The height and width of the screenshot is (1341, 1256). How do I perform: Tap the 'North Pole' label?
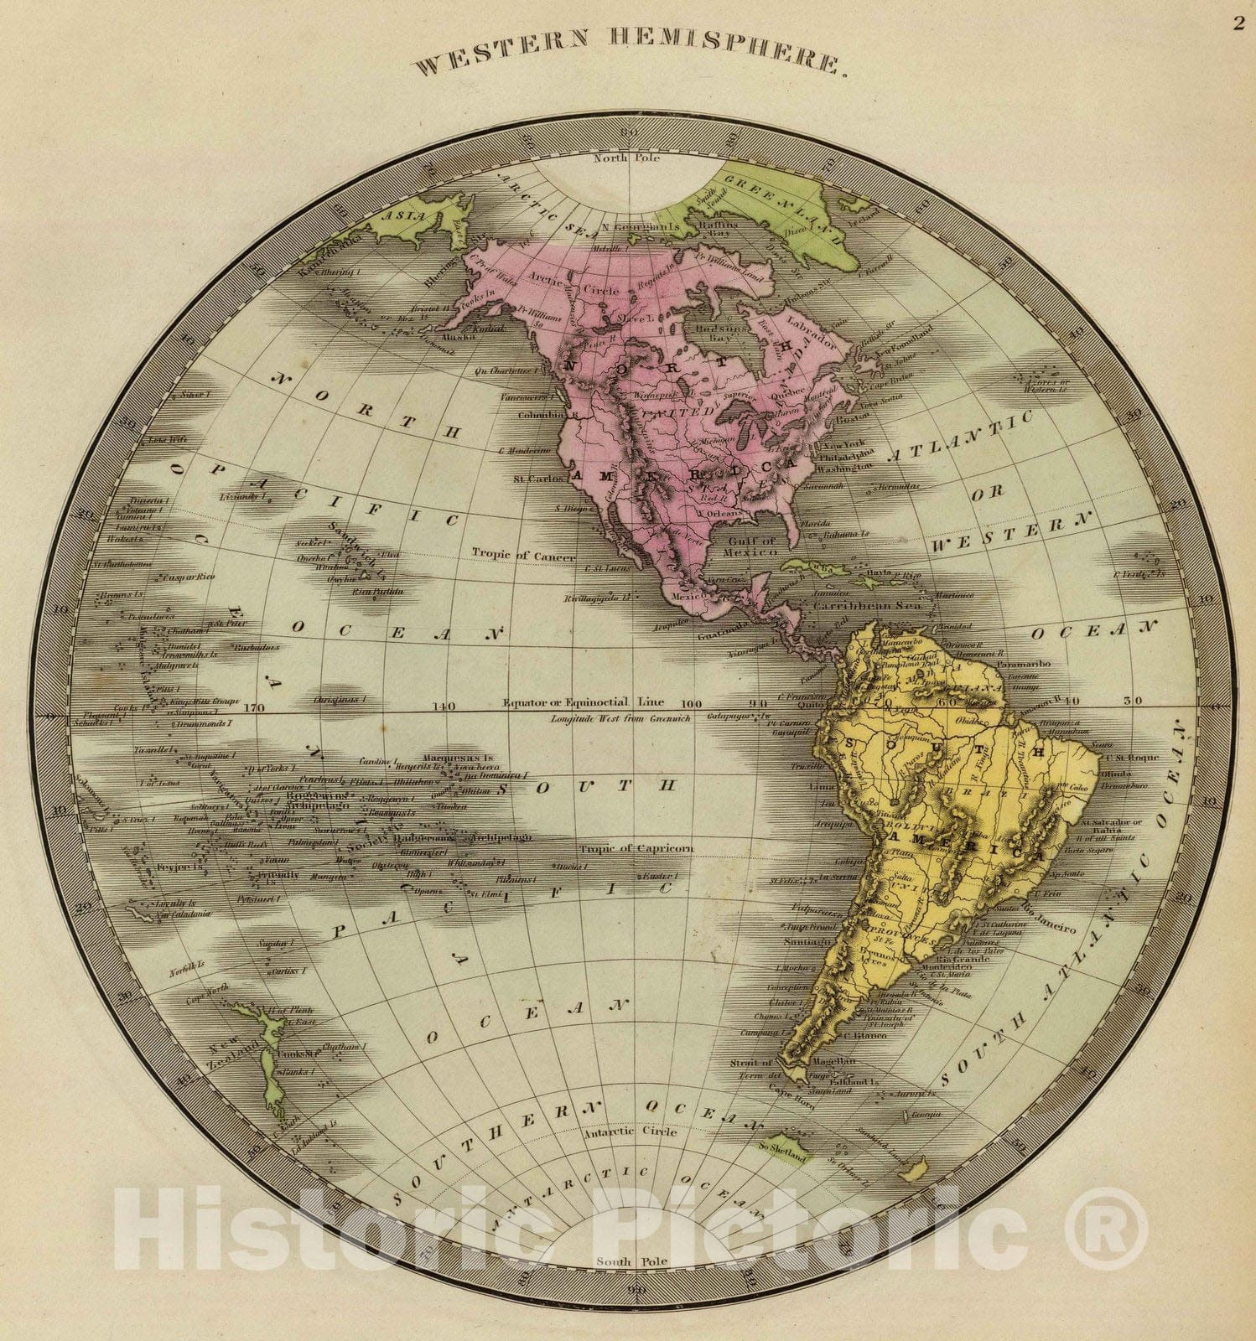coord(627,158)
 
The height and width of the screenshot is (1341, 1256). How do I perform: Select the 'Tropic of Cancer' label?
coord(523,556)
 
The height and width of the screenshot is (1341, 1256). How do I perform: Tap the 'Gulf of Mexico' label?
coord(752,546)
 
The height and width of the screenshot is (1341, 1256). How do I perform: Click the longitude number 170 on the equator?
coord(253,707)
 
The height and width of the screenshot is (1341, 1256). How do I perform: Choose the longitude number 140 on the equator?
coord(444,707)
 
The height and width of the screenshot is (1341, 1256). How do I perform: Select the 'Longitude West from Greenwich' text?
coord(620,719)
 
